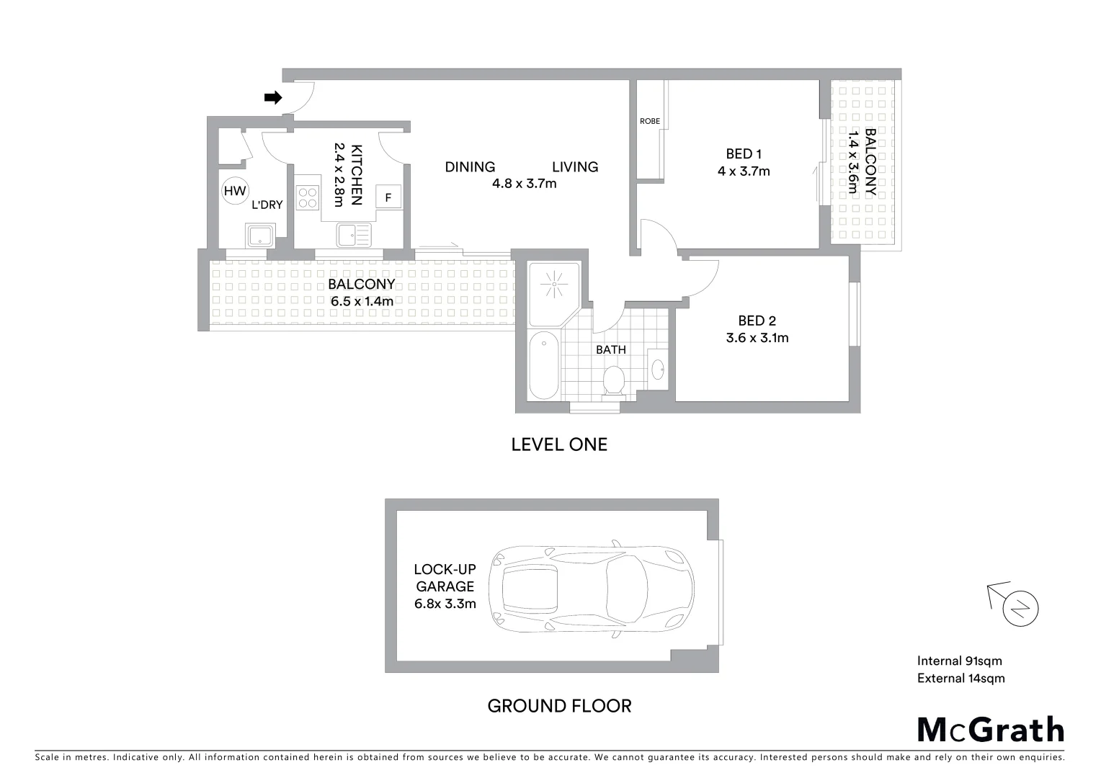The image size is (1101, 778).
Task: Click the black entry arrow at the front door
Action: pyautogui.click(x=273, y=98)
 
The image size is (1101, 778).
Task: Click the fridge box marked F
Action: pyautogui.click(x=389, y=197)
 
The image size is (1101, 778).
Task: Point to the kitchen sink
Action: pyautogui.click(x=353, y=234)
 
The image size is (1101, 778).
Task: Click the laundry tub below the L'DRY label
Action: pyautogui.click(x=259, y=235)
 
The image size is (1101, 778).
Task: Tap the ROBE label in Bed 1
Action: pyautogui.click(x=649, y=122)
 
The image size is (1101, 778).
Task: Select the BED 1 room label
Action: pyautogui.click(x=744, y=153)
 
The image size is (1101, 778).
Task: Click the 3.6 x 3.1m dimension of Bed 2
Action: pyautogui.click(x=757, y=338)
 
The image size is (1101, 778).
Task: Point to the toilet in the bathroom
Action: pyautogui.click(x=614, y=380)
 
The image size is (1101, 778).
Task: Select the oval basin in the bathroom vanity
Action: pyautogui.click(x=659, y=369)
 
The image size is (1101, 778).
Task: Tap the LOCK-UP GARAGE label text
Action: pyautogui.click(x=445, y=578)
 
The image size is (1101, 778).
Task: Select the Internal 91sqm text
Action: pyautogui.click(x=959, y=661)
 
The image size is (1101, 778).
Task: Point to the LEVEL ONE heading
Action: pyautogui.click(x=559, y=444)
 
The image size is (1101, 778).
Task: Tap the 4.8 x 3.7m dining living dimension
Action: pyautogui.click(x=524, y=184)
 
